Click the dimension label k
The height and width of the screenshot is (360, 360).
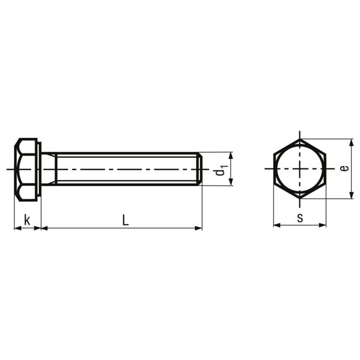coord(27,220)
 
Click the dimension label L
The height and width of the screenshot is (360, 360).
coord(126,220)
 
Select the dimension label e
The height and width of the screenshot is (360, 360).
coord(344,168)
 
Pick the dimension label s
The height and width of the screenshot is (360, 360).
coord(300,218)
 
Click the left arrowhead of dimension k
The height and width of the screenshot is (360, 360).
coord(17,228)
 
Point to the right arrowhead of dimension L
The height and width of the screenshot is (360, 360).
coord(198,228)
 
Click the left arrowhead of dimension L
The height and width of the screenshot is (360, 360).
coord(44,228)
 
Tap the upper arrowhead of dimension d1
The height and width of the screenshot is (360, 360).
coord(231,156)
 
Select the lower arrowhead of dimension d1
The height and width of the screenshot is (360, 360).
coord(231,182)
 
